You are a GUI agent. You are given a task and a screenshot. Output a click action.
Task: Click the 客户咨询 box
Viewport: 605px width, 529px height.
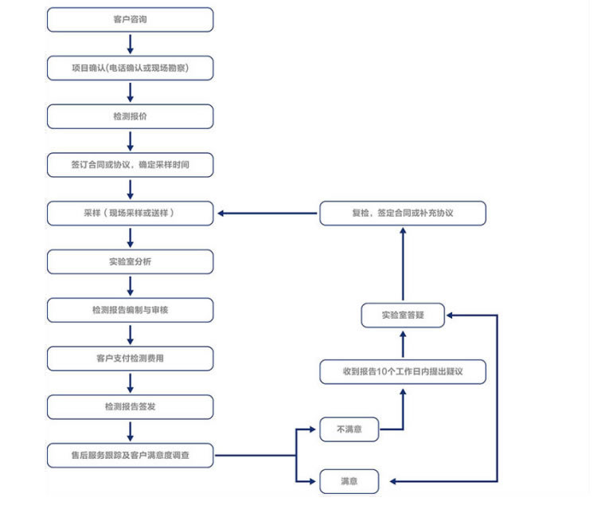(130, 19)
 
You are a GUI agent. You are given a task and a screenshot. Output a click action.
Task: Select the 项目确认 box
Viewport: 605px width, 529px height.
(130, 68)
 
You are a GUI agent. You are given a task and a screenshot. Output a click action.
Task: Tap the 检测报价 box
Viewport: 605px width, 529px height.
(130, 116)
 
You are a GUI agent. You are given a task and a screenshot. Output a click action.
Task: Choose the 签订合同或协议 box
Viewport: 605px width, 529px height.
(130, 165)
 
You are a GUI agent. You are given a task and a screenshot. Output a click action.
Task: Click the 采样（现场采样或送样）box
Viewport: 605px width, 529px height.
(130, 214)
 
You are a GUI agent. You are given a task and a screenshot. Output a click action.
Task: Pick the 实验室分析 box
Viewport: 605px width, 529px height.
(130, 262)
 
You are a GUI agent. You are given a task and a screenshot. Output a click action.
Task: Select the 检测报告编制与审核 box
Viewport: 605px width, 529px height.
(130, 310)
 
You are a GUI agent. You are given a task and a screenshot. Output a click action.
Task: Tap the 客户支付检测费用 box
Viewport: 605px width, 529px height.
(130, 359)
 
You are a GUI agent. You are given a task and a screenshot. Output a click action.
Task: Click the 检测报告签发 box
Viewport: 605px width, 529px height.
(130, 407)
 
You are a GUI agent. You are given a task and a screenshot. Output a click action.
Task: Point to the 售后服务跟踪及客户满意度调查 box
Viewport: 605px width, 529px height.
(130, 456)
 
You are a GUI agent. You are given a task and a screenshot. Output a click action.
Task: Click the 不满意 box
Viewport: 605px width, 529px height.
(349, 429)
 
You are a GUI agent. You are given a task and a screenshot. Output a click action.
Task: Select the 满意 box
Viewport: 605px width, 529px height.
(349, 481)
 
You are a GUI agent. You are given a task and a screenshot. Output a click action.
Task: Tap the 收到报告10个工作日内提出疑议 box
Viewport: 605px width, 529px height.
(403, 372)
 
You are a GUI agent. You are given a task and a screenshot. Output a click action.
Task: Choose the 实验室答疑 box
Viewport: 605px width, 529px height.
(403, 315)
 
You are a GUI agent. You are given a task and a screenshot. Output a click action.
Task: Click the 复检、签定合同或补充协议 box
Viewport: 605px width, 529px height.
(403, 214)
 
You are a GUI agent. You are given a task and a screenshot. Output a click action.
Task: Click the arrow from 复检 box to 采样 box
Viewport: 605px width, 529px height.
(267, 214)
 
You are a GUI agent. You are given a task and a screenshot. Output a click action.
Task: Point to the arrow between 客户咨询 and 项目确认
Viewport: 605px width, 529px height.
(130, 44)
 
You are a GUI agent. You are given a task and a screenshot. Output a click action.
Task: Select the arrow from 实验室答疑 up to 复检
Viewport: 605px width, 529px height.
(403, 264)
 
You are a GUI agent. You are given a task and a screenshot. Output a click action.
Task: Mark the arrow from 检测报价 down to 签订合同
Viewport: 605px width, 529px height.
(130, 141)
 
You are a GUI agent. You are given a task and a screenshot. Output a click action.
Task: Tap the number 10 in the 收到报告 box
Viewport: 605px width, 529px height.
(381, 372)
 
